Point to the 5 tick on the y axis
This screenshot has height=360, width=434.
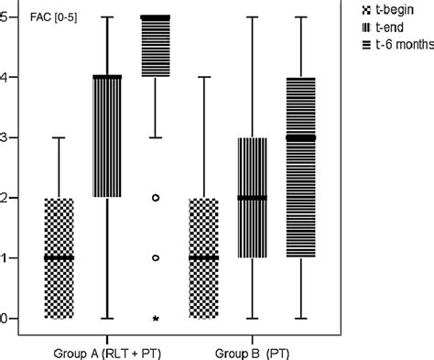(7, 17)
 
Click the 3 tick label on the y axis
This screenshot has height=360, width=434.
(7, 137)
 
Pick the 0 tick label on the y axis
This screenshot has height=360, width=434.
(7, 318)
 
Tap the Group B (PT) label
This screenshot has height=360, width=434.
(253, 350)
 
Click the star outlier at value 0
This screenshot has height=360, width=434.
(156, 319)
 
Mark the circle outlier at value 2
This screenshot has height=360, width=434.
(156, 198)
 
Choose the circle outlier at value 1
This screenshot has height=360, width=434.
(156, 258)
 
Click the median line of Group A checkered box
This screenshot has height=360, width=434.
(59, 258)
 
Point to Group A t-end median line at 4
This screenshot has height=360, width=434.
(108, 78)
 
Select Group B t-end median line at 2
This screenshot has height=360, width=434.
(252, 198)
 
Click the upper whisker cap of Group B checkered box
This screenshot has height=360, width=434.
(203, 78)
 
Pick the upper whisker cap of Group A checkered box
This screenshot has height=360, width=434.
(59, 137)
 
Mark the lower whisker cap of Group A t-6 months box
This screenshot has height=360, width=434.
(156, 137)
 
